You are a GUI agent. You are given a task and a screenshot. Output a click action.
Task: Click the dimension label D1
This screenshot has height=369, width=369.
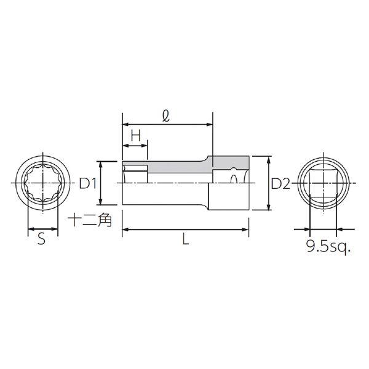[x=88, y=183]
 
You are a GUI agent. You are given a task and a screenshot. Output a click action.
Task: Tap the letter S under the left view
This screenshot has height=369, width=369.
[x=41, y=239]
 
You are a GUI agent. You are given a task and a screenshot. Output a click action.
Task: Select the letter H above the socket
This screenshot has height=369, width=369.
[x=136, y=135]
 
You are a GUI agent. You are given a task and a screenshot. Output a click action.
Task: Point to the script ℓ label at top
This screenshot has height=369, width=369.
[x=166, y=116]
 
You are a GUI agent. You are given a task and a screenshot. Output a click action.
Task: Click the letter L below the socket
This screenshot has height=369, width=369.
[x=186, y=239]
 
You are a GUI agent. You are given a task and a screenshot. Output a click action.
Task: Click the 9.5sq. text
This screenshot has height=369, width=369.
[x=328, y=247]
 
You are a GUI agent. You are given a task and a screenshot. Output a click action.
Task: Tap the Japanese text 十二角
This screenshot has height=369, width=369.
[x=90, y=220]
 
